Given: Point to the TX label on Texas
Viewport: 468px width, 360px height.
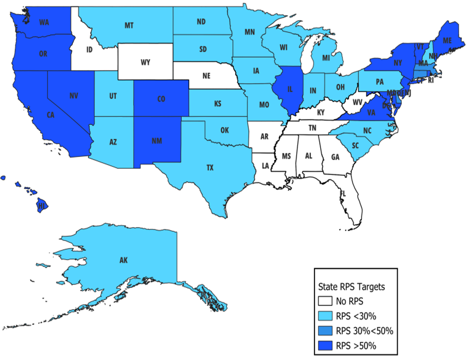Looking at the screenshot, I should (210, 168).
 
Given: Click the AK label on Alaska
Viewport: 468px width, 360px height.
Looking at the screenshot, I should (123, 260).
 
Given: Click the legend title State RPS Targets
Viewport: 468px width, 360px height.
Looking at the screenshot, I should (351, 288).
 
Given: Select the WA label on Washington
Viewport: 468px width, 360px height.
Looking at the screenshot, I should (44, 22).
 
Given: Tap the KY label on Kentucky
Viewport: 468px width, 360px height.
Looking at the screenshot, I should (322, 111).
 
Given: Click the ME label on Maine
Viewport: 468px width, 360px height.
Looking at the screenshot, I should (447, 41).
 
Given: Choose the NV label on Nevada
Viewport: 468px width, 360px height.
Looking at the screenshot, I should (73, 96).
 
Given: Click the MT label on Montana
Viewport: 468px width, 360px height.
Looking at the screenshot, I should (129, 25).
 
